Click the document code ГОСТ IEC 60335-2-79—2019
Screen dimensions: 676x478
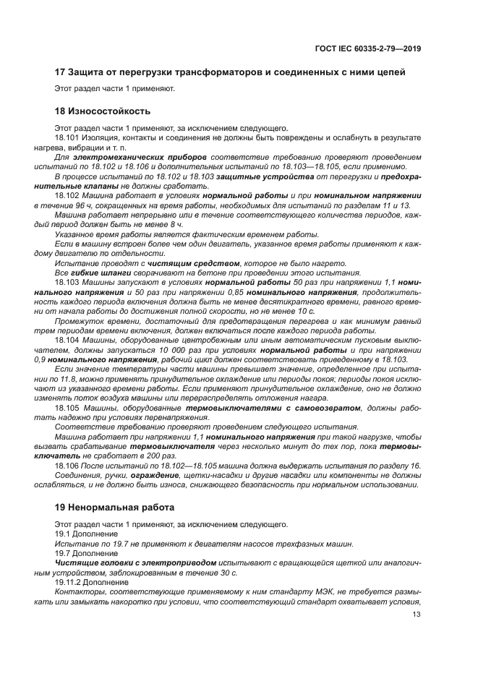pos(368,48)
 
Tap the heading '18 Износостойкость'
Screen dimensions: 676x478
pos(103,112)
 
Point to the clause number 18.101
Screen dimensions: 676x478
pos(66,137)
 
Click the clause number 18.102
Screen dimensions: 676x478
pos(66,195)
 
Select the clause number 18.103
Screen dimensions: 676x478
pos(66,283)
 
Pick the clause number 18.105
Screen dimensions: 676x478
pos(66,408)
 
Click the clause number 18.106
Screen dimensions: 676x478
pos(66,465)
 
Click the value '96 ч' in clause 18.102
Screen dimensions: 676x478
pos(77,205)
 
